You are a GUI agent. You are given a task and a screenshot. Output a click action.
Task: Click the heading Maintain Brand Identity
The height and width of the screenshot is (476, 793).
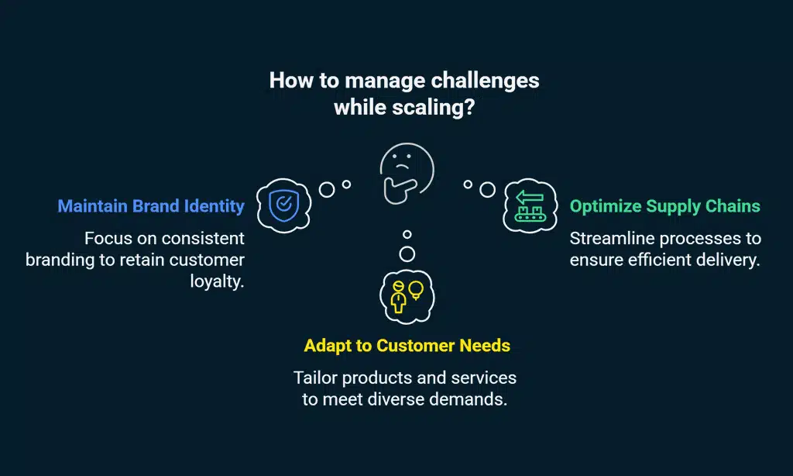point(151,206)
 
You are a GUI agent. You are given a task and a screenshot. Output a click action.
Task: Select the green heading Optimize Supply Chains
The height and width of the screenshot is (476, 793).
point(665,206)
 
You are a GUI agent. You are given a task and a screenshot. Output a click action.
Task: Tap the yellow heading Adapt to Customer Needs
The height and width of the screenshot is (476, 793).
point(407,345)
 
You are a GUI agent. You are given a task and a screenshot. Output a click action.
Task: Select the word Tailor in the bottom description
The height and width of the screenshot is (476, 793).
point(317,378)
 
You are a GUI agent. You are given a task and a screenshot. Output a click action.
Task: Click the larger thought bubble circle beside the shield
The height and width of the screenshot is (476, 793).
point(327,189)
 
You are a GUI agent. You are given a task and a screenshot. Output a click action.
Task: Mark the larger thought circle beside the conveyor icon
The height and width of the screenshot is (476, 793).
point(487,189)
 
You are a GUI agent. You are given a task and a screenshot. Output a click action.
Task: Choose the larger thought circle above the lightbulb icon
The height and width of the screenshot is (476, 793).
point(407,254)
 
